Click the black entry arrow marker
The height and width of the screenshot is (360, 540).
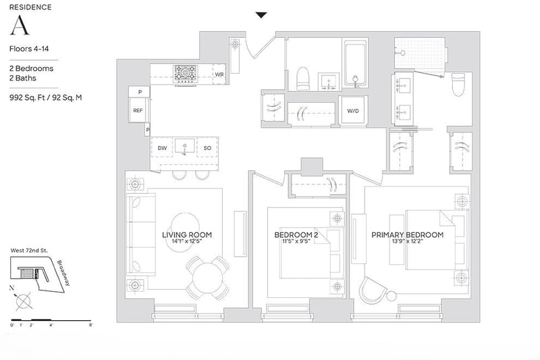tap(261, 15)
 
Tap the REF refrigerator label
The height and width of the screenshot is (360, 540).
tap(138, 111)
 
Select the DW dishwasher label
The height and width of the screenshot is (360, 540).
tap(162, 148)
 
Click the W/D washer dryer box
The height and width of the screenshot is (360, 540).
tap(353, 111)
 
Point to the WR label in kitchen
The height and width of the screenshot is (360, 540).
tap(219, 74)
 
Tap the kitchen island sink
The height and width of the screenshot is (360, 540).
tap(184, 146)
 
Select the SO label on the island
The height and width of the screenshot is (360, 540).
tap(207, 148)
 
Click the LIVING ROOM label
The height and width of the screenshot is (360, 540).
tap(187, 235)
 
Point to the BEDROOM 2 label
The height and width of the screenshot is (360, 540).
tap(296, 235)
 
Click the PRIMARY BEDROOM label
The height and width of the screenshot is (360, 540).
tap(408, 235)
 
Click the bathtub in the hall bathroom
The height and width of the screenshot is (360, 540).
tap(356, 63)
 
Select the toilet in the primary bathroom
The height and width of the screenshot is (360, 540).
tap(458, 84)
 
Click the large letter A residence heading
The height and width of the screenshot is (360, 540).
tap(20, 25)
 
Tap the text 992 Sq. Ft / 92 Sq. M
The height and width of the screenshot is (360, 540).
tap(45, 97)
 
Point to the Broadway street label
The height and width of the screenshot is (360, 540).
tap(63, 273)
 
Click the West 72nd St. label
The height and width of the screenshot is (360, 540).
tap(29, 251)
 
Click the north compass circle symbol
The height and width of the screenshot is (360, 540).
tap(24, 302)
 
